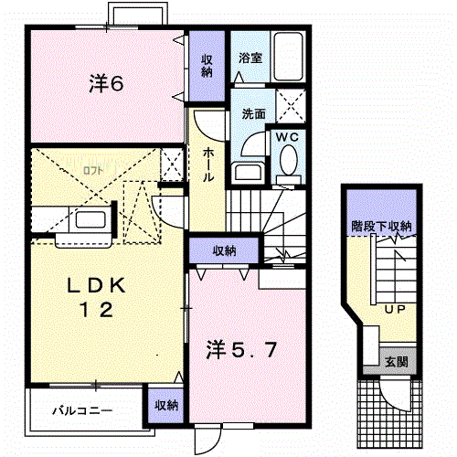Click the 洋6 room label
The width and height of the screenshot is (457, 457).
(106, 83)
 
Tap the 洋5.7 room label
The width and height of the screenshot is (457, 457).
(241, 349)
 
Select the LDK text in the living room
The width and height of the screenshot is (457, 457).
(96, 285)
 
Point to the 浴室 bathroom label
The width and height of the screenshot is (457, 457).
(250, 58)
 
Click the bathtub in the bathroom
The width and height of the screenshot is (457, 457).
(288, 57)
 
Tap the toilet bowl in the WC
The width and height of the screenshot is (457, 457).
(289, 160)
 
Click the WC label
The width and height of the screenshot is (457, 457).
(287, 137)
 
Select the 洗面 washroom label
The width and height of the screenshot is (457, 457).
(253, 113)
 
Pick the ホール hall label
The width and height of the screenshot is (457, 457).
(208, 165)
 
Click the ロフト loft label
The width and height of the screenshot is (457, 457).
(93, 170)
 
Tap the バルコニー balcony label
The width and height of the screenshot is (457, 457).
(82, 411)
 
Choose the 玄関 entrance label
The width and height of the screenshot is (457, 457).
(396, 362)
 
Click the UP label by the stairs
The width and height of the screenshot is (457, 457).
(395, 310)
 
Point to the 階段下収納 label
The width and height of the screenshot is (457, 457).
(381, 227)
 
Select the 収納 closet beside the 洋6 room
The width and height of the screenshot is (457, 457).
(207, 66)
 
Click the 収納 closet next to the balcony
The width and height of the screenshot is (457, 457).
(166, 406)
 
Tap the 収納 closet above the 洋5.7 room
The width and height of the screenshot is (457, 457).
(224, 250)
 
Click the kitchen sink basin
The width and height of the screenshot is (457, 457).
(90, 219)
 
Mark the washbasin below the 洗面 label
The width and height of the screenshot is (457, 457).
(248, 173)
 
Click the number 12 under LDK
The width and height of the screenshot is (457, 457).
(96, 310)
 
